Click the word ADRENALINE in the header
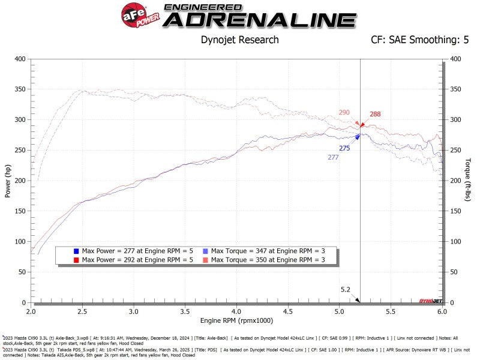click(260, 20)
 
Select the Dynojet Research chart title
click(239, 40)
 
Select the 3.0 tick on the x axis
click(133, 313)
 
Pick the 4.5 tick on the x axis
click(288, 313)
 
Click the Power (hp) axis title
click(8, 181)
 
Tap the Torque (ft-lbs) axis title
click(467, 180)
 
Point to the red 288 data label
click(375, 114)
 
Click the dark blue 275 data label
click(344, 148)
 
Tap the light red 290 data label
click(344, 112)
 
